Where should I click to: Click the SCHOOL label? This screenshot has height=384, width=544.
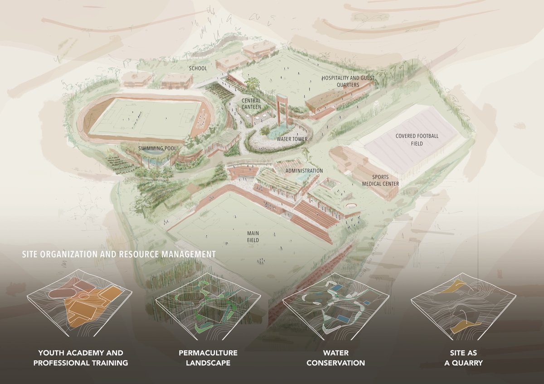(x=198, y=68)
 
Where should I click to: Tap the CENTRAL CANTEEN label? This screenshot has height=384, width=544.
(x=251, y=104)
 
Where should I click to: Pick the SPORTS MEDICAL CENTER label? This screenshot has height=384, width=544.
(x=380, y=180)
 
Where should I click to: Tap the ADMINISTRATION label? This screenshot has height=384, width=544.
(x=304, y=171)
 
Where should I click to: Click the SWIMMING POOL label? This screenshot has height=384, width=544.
(x=155, y=148)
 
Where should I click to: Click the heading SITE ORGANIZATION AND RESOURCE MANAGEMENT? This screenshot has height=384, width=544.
(x=119, y=254)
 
